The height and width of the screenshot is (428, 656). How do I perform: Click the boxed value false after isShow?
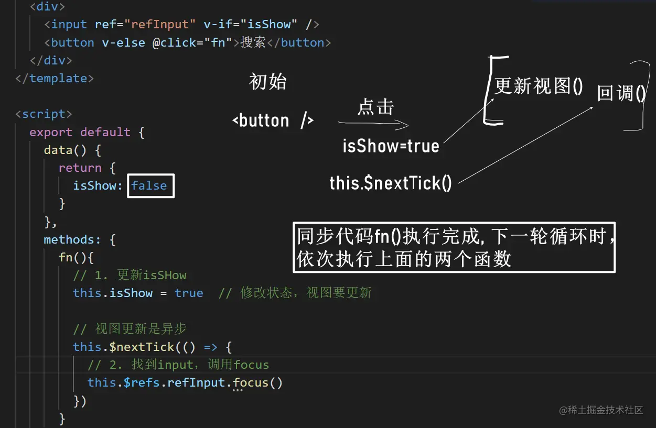(149, 186)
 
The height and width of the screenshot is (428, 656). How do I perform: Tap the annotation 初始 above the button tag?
(268, 82)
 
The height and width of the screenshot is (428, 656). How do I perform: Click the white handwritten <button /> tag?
(273, 121)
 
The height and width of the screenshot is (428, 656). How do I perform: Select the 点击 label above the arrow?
(375, 107)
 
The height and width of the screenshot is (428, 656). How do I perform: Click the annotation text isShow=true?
(391, 146)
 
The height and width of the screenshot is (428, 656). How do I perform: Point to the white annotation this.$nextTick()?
(391, 183)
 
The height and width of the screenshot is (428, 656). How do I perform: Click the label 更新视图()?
(539, 86)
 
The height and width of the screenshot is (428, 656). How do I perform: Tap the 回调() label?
(621, 94)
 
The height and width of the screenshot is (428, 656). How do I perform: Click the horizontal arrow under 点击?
(373, 124)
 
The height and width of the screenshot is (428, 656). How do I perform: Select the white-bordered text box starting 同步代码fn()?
(454, 248)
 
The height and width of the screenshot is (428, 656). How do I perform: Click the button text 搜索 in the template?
(253, 42)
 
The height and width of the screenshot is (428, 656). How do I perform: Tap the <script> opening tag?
(44, 114)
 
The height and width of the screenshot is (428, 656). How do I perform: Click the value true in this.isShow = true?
(189, 293)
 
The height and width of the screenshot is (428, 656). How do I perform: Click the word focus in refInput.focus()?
(251, 382)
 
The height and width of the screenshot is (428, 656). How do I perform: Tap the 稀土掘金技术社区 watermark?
(601, 410)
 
